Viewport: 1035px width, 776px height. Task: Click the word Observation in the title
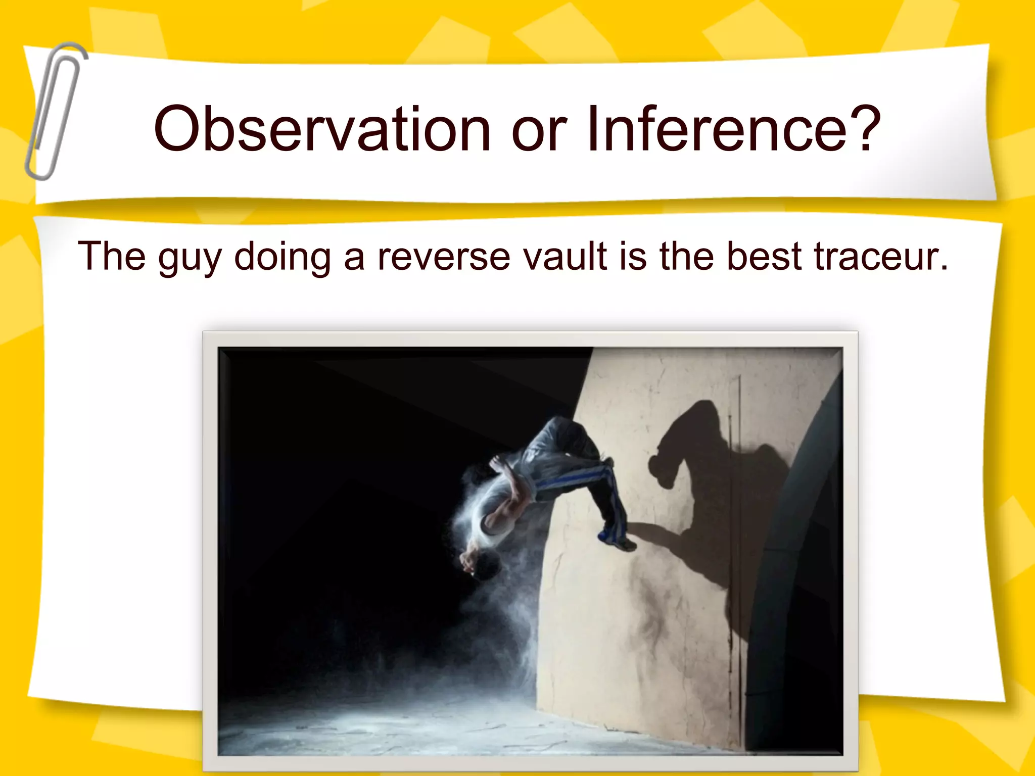coord(322,129)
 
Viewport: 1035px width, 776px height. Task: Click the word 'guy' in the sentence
coord(190,259)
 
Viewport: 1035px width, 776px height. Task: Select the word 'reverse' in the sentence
coord(444,257)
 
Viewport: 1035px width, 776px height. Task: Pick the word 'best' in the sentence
coord(765,256)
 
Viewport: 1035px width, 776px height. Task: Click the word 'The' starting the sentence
coord(112,256)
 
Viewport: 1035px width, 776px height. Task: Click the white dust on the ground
coord(404,722)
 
